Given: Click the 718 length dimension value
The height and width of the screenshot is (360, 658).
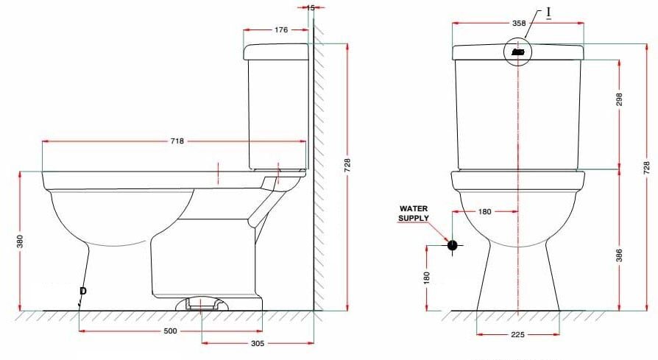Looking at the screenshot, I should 177,141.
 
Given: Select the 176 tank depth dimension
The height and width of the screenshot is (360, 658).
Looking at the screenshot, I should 281,30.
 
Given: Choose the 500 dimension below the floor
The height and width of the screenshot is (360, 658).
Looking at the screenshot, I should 170,331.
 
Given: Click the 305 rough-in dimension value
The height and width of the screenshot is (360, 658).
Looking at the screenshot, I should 258,343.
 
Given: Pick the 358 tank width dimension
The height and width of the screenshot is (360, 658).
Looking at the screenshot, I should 519,24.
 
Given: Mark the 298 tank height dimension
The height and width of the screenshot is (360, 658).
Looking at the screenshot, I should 619,101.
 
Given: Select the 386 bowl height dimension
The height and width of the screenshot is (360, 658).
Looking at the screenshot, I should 619,255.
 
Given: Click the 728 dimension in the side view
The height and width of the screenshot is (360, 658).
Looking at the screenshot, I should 347,166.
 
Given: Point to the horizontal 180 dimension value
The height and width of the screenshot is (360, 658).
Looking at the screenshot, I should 484,211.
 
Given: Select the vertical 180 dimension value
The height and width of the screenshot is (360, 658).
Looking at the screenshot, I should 426,278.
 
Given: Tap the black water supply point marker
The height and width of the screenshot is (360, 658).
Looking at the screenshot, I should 452,245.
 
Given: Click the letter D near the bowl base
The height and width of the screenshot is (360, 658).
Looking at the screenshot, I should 82,292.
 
